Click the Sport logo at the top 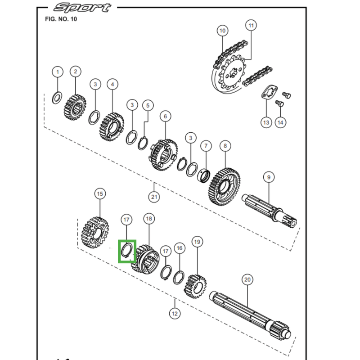pyautogui.click(x=81, y=8)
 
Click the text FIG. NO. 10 pyautogui.click(x=61, y=19)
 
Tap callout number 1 pyautogui.click(x=57, y=72)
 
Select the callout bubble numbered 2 pyautogui.click(x=75, y=72)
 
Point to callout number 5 pyautogui.click(x=147, y=105)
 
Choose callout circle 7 pyautogui.click(x=206, y=146)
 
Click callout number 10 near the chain pyautogui.click(x=222, y=31)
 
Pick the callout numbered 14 pyautogui.click(x=281, y=122)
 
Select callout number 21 pyautogui.click(x=154, y=197)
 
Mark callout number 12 pyautogui.click(x=175, y=313)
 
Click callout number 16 pyautogui.click(x=180, y=248)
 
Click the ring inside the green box pyautogui.click(x=127, y=251)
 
